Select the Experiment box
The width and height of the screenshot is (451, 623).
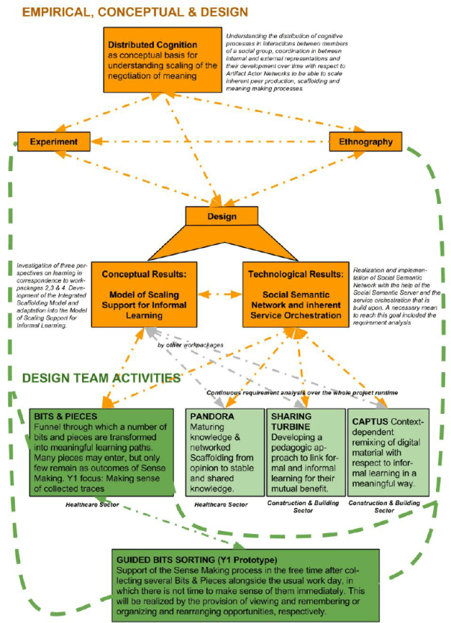54,140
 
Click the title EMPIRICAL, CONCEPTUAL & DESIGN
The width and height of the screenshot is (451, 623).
125,13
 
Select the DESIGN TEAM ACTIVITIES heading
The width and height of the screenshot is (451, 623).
101,378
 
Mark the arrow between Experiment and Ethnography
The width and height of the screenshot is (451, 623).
209,140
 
